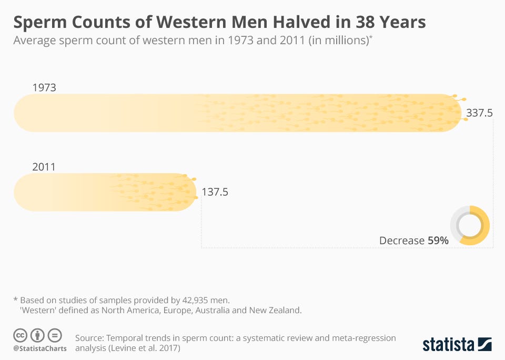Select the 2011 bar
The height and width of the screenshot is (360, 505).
[105, 192]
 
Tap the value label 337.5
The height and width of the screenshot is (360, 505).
[479, 113]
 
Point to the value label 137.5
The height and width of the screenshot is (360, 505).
[215, 192]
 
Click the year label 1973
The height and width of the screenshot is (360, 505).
[44, 87]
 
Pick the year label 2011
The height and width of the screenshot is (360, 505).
[44, 167]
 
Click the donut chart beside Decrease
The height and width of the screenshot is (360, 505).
[470, 225]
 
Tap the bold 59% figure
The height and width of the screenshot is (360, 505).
[438, 241]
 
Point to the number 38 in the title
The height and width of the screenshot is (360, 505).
[361, 23]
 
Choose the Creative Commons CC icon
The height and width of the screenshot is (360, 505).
[21, 335]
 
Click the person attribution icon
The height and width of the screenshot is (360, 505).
[37, 335]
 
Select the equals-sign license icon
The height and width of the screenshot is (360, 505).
[54, 335]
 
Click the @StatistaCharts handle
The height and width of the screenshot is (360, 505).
[40, 348]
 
